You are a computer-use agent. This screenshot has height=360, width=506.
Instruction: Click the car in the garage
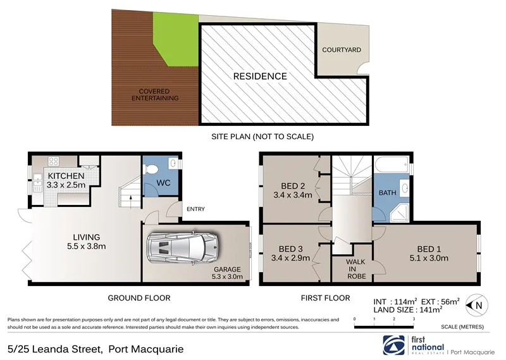pos(182,248)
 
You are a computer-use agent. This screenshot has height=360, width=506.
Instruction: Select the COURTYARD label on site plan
pos(341,50)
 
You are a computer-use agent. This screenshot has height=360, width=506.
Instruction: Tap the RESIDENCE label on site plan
pos(260,77)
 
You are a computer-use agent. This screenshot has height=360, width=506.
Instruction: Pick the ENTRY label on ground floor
pos(194,209)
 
